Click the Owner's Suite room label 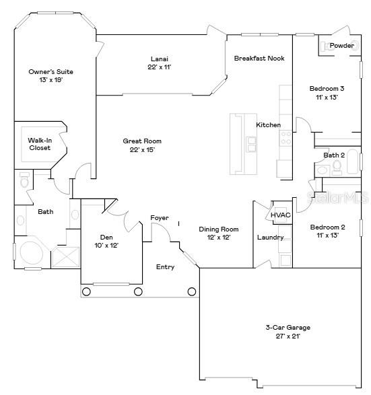(50, 75)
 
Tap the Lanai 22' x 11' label (159, 63)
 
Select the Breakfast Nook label (259, 59)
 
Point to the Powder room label (341, 46)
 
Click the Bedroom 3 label (327, 93)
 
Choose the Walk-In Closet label (39, 144)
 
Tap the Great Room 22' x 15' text (142, 145)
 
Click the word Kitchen (268, 125)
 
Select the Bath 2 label (334, 155)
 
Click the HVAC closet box (280, 215)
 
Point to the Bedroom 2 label (327, 231)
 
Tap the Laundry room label (269, 238)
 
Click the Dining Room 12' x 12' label (218, 234)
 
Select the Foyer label (160, 218)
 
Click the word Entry (165, 267)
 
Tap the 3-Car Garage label (288, 331)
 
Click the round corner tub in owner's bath (30, 254)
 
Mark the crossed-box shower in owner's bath (65, 257)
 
